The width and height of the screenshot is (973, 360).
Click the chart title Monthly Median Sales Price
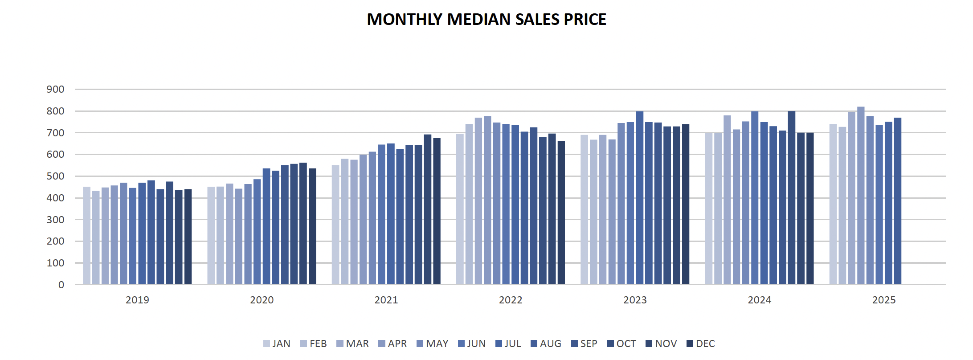click(487, 20)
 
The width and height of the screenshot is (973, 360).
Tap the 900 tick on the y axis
click(55, 90)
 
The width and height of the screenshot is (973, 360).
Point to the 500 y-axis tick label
click(55, 176)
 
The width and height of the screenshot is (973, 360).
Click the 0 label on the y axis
click(61, 285)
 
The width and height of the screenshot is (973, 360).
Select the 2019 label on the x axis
click(137, 300)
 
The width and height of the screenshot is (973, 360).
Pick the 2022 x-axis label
click(511, 300)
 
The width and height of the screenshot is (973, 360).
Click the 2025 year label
click(884, 300)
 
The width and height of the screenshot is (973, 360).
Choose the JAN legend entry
click(277, 344)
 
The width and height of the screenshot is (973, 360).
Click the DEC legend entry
click(701, 344)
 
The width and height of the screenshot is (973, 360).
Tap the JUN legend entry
click(472, 344)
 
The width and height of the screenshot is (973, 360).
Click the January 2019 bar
click(87, 236)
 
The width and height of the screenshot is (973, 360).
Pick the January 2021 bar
click(335, 225)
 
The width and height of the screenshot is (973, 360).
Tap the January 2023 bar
click(585, 209)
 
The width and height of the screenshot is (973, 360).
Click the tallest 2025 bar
click(861, 196)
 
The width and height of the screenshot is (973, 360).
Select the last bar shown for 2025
click(898, 201)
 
